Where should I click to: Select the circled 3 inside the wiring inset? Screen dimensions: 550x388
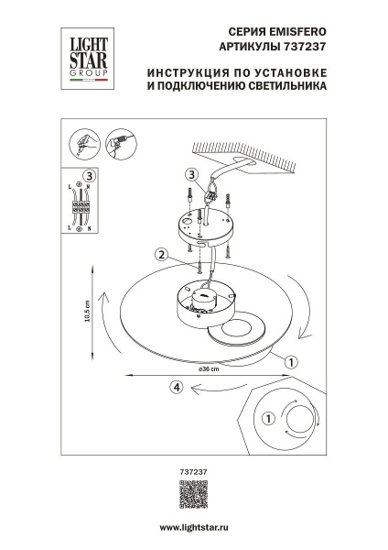click(x=88, y=176)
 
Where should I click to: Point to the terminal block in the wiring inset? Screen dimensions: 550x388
click(x=84, y=210)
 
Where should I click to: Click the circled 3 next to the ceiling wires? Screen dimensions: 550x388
click(x=190, y=174)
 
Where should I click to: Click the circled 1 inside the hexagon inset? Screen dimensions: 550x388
click(x=268, y=419)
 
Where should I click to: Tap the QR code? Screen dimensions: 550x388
click(x=194, y=494)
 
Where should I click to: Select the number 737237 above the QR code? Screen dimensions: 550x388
click(x=193, y=470)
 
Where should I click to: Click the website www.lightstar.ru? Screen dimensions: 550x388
click(x=194, y=529)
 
